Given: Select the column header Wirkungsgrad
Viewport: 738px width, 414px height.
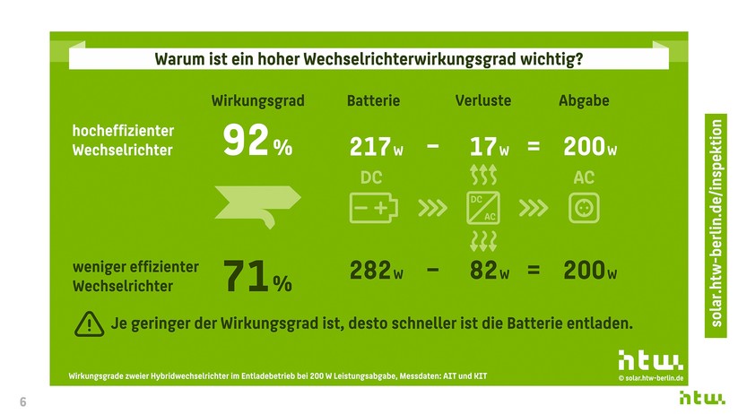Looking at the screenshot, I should click(257, 100).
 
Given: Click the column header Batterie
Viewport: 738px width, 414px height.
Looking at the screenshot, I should click(373, 100).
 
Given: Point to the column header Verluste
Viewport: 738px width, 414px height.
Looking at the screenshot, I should click(483, 100).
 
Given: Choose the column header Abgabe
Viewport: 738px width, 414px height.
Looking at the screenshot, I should click(584, 100).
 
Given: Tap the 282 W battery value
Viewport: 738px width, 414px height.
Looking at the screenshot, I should click(376, 272).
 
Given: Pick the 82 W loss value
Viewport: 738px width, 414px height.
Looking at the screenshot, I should click(489, 272).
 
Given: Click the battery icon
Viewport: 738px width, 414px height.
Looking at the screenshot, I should click(372, 208).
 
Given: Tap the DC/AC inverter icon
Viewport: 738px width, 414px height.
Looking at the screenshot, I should click(483, 208).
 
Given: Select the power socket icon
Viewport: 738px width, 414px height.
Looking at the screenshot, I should click(584, 208).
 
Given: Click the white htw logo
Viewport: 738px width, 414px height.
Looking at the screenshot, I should click(649, 361).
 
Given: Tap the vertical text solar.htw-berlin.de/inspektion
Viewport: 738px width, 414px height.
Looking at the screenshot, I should click(715, 227).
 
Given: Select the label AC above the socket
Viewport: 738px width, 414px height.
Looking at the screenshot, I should click(584, 178).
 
